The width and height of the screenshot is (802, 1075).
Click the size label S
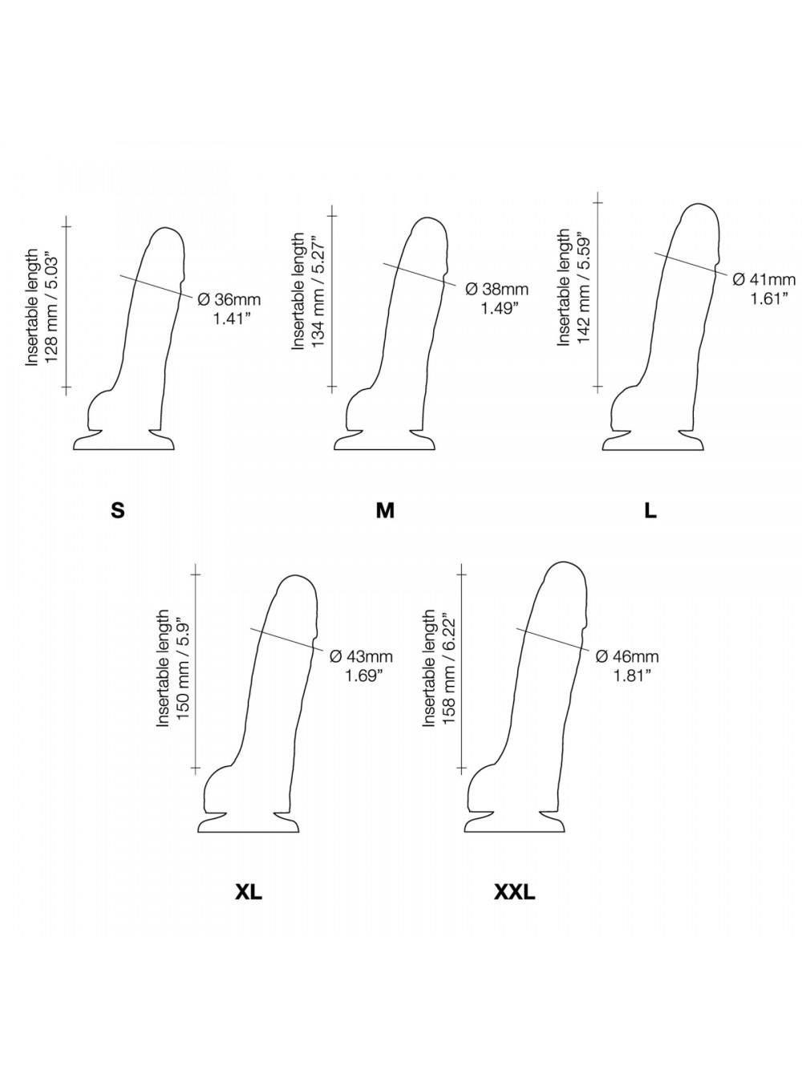(118, 510)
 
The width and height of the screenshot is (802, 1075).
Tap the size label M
(385, 510)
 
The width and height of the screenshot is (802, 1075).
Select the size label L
(650, 510)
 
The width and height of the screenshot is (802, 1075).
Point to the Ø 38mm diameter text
(497, 289)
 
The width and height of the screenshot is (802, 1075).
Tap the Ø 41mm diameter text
(764, 279)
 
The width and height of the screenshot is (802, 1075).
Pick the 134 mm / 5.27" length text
(319, 292)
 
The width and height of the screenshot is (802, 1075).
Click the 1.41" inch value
(232, 318)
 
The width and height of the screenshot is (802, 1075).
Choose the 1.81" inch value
(633, 675)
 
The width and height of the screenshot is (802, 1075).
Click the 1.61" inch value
(771, 298)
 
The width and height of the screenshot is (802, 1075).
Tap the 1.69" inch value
(364, 675)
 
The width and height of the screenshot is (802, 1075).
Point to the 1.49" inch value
(500, 309)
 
